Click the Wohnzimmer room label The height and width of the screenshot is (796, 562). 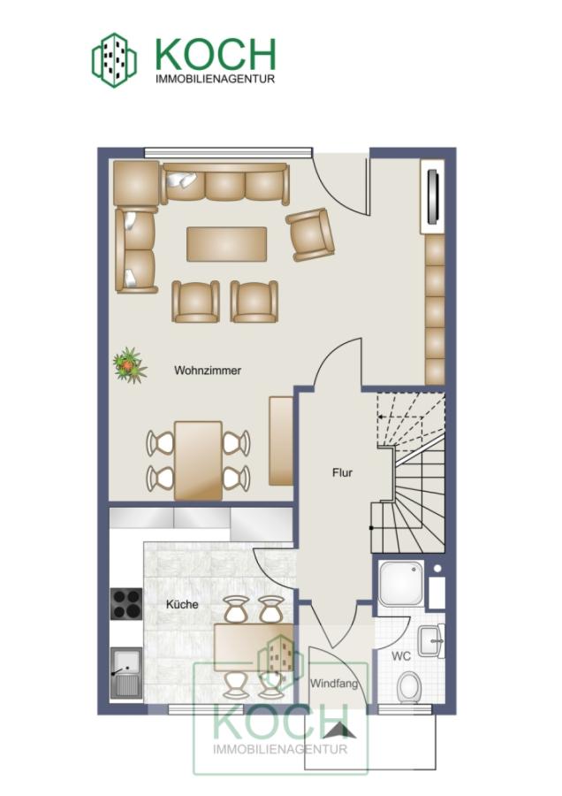[x=208, y=370]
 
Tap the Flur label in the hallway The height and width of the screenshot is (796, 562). [x=342, y=472]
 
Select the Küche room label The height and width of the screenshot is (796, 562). [x=182, y=604]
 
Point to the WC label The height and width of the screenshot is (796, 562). [x=400, y=656]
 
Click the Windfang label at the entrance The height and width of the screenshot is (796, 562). [x=334, y=684]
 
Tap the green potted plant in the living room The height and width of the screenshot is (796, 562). [x=130, y=364]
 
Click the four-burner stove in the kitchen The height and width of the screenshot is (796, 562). [x=126, y=603]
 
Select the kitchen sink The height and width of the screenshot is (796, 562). [x=126, y=672]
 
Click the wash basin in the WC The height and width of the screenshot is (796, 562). [x=431, y=641]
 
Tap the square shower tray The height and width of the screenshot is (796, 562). [x=401, y=584]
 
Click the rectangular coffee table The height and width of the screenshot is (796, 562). [x=227, y=244]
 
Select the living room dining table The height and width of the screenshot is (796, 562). [x=198, y=460]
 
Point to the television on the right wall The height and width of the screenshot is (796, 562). [x=433, y=196]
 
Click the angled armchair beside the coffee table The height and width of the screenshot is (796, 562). [x=310, y=234]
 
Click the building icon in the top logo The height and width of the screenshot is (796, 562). [x=114, y=60]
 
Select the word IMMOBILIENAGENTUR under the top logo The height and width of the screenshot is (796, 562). [x=215, y=80]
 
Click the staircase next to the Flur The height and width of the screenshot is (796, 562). [x=410, y=472]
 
